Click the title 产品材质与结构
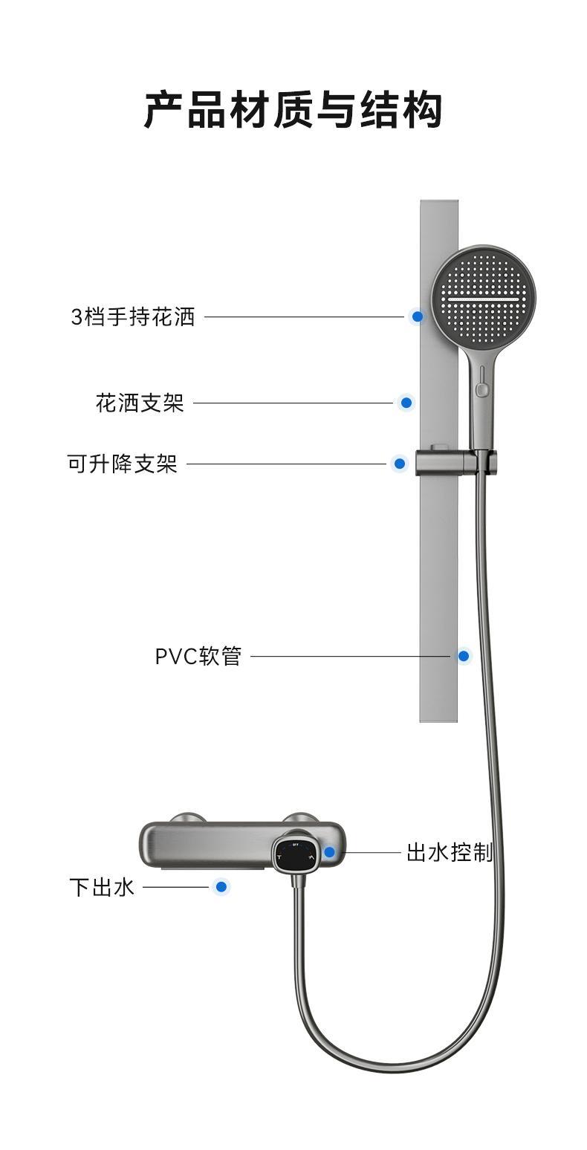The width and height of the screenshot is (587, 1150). (x=293, y=110)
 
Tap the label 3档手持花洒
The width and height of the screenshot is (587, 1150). (x=133, y=316)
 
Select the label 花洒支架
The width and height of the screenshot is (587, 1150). (x=140, y=403)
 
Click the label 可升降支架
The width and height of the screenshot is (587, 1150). (x=123, y=464)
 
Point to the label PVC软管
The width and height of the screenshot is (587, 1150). (x=198, y=656)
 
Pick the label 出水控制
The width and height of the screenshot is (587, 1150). (x=449, y=852)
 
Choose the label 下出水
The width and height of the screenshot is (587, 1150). (x=102, y=886)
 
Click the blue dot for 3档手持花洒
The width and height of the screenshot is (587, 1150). (x=418, y=316)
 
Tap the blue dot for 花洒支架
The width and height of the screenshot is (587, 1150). (x=406, y=403)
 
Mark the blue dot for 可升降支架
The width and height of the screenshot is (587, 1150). (x=400, y=464)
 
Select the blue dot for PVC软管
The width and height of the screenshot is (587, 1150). (x=464, y=656)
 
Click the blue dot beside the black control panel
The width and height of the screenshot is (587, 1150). (x=329, y=852)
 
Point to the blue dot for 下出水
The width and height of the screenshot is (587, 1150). (x=220, y=886)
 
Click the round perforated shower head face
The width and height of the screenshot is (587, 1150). (x=484, y=297)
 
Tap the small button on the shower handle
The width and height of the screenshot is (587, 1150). (x=482, y=388)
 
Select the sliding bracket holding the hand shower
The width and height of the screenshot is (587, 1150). (x=454, y=462)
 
